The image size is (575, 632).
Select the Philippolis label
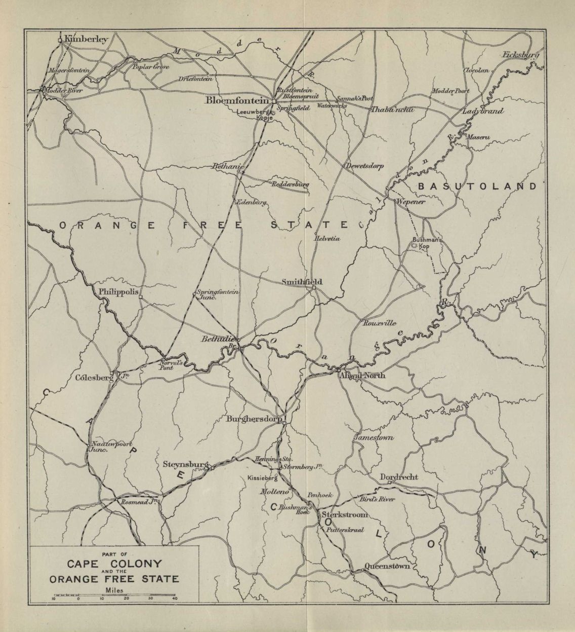[118, 292]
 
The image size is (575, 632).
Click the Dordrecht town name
[400, 477]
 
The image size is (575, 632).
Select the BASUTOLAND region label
[477, 187]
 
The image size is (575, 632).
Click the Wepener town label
[412, 201]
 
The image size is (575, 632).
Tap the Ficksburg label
[521, 55]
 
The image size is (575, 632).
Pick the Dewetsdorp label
[364, 166]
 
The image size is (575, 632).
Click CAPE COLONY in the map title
[115, 563]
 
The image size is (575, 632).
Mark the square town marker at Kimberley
[60, 40]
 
